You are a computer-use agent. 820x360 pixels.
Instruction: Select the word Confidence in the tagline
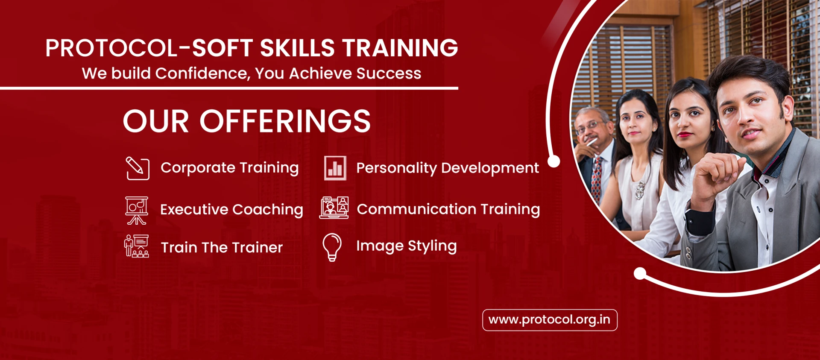pos(202,73)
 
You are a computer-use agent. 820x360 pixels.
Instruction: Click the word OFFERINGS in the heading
pos(285,121)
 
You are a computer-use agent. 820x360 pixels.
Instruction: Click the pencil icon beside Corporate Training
pos(137,168)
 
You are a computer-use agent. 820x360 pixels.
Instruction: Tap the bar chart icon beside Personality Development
pos(335,168)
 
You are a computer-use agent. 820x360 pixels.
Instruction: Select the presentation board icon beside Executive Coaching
pos(137,210)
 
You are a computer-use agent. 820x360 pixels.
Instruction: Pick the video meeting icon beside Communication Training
pos(334,208)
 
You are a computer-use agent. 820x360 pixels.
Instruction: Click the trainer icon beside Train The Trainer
pos(137,246)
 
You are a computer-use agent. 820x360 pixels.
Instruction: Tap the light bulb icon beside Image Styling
pos(332,247)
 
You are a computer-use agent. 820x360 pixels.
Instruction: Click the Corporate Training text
pos(229,168)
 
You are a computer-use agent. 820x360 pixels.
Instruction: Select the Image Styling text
pos(406,246)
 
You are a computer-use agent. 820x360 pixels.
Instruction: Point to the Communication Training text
pos(448,209)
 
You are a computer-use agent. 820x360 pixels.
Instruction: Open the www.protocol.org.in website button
pos(550,320)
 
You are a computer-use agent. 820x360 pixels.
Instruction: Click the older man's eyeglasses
pos(591,127)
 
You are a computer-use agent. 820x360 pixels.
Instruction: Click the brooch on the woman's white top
pos(639,190)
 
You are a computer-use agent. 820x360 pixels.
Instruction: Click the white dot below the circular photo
pos(640,273)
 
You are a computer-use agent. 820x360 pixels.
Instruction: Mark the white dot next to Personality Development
pos(554,161)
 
